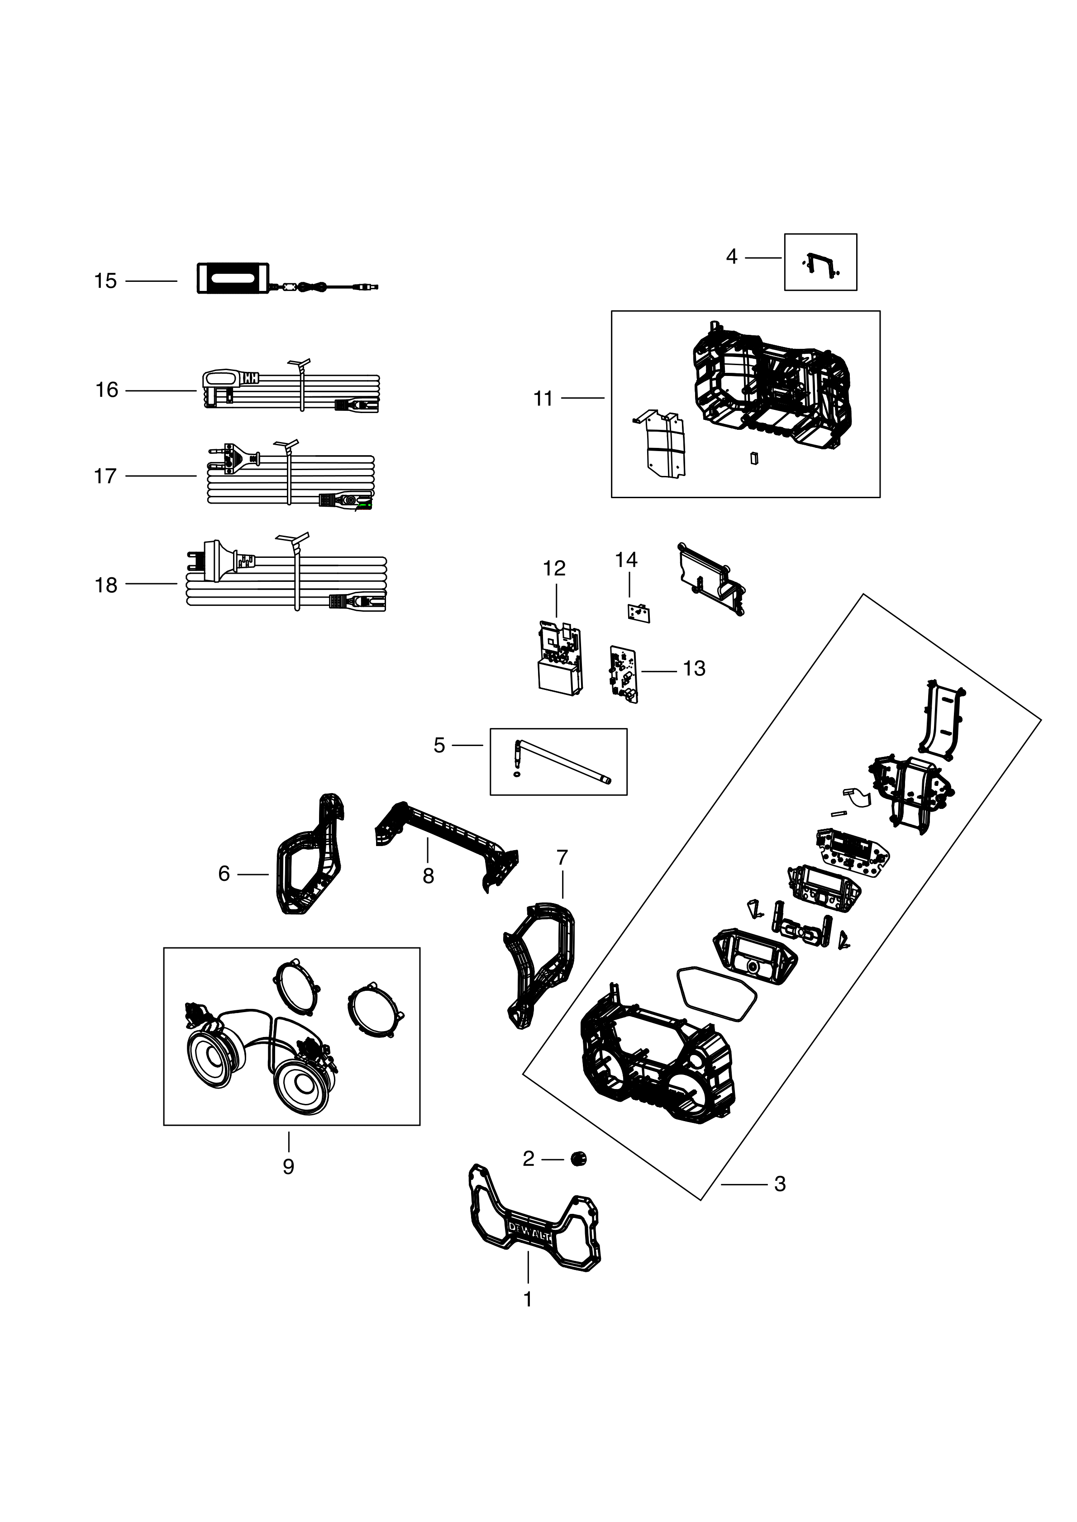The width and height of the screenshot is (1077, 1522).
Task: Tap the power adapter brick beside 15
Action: point(232,278)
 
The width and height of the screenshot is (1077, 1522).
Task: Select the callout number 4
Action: point(731,257)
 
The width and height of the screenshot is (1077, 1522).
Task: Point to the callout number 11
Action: point(543,399)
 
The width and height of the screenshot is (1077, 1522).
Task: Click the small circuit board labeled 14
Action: point(639,613)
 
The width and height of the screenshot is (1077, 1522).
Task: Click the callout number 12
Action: point(554,568)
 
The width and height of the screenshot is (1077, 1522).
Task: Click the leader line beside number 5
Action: point(467,746)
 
